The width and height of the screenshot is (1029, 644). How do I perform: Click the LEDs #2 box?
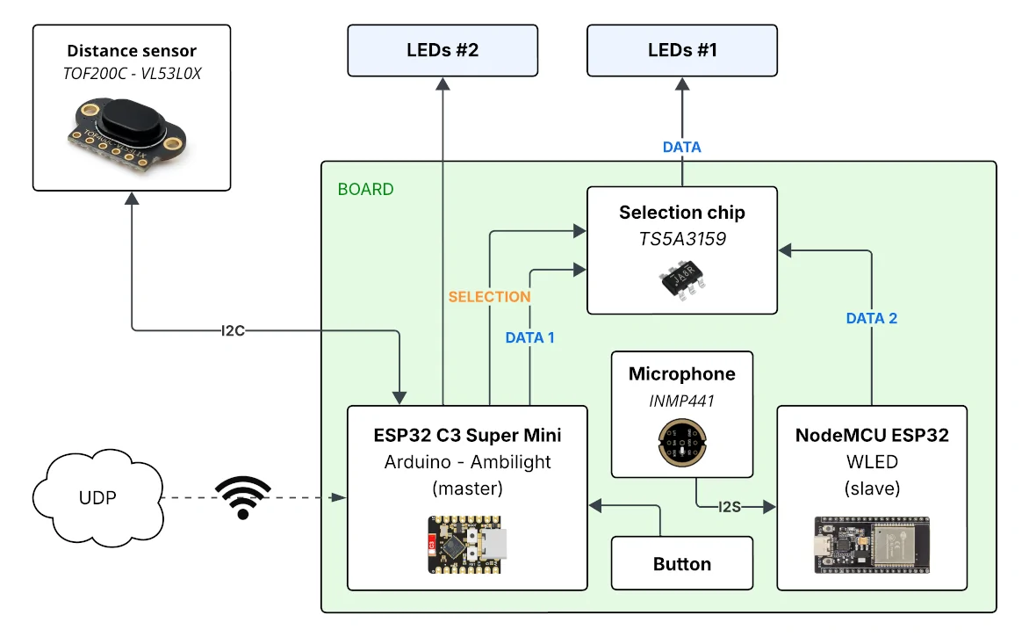tap(443, 51)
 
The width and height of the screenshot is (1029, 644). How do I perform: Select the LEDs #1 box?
tap(682, 51)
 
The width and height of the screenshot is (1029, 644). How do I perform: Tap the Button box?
tap(682, 563)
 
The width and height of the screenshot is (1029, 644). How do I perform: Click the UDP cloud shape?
tap(97, 497)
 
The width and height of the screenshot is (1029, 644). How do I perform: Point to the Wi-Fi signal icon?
tap(243, 497)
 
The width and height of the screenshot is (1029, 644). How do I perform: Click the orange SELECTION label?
tap(490, 297)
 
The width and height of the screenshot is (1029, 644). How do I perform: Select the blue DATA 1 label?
tap(529, 337)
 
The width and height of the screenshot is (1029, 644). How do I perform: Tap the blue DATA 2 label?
tap(872, 318)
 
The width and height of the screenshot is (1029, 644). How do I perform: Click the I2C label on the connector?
tap(233, 330)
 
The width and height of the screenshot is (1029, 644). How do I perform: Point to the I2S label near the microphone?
tap(729, 507)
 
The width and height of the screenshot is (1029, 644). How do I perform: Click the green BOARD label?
tap(365, 189)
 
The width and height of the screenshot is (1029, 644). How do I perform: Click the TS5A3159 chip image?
tap(682, 279)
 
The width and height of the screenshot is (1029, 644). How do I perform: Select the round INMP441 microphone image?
tap(682, 443)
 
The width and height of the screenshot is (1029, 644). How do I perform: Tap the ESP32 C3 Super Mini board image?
tap(467, 544)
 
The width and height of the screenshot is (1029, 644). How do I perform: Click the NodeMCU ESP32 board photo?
tap(872, 545)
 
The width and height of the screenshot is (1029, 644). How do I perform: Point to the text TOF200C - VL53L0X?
tap(132, 74)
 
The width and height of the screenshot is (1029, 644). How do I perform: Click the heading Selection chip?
tap(682, 212)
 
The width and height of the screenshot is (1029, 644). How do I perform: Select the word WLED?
tap(872, 461)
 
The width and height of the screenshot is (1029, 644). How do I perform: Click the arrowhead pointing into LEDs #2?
tap(443, 84)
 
